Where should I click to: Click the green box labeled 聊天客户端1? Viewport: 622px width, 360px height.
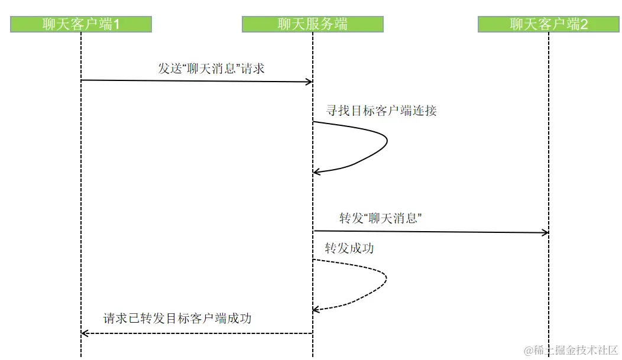[x=81, y=24]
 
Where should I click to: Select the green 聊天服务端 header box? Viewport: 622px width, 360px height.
[x=313, y=24]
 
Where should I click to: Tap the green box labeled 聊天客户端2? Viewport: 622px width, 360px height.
[x=549, y=24]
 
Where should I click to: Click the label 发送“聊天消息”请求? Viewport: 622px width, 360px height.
[x=211, y=69]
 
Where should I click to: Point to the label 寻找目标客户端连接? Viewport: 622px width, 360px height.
[x=382, y=111]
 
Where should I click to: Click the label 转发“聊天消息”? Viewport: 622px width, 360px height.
[x=380, y=218]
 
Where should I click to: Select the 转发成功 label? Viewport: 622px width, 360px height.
[x=349, y=248]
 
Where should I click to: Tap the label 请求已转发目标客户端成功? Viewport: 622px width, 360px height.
[x=177, y=318]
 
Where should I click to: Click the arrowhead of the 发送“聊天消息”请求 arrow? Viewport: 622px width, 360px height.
[x=309, y=82]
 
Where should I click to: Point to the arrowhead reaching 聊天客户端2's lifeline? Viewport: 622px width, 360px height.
[x=545, y=233]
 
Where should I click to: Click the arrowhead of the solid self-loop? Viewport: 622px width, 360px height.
[x=316, y=172]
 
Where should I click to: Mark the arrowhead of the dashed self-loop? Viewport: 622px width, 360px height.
[x=316, y=309]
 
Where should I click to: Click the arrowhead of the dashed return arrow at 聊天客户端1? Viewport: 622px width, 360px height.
[x=85, y=333]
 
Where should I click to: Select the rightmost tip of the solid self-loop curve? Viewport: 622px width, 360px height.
[x=387, y=141]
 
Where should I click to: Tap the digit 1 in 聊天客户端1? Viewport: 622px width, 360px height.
[x=116, y=24]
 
